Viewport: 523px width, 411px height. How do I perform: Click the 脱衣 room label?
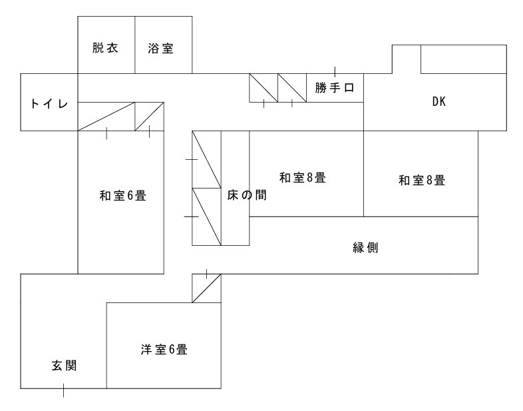106,49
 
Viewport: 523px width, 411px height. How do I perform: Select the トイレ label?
49,103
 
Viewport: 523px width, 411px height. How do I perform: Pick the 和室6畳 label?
122,196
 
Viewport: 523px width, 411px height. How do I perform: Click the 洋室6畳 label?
163,349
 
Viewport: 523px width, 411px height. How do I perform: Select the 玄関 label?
64,365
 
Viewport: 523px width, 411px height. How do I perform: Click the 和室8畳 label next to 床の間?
301,178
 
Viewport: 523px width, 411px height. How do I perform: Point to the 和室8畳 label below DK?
421,179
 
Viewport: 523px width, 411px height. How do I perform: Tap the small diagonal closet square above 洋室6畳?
206,288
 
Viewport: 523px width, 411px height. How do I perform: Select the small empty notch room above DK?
406,59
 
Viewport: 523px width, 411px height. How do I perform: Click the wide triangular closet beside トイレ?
106,117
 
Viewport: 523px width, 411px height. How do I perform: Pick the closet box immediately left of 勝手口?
292,87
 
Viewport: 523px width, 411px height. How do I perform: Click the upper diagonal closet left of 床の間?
206,159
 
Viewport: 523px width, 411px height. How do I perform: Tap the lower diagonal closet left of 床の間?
206,216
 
